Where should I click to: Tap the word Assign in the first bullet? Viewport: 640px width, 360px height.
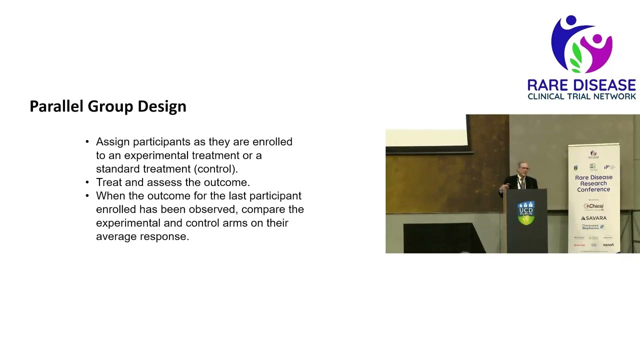click(x=112, y=142)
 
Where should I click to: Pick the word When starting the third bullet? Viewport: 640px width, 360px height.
click(x=108, y=196)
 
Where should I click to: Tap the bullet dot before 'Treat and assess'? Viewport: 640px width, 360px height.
click(x=87, y=182)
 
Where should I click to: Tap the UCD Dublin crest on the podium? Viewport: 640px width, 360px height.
click(x=526, y=213)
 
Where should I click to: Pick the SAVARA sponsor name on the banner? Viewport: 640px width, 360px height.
click(x=594, y=218)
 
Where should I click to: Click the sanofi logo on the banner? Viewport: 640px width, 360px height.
click(x=608, y=245)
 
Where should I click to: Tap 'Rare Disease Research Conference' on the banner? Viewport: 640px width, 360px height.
click(x=593, y=183)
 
